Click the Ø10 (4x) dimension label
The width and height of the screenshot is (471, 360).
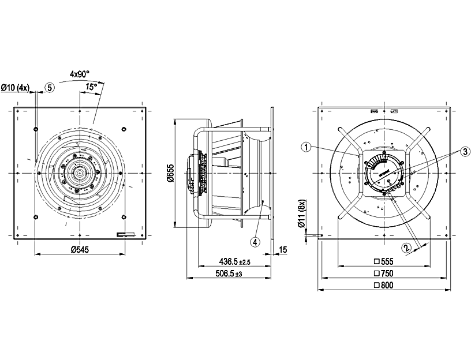(x=15, y=88)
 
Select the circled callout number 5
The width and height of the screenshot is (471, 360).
(x=50, y=88)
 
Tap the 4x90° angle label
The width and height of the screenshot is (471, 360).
(x=80, y=74)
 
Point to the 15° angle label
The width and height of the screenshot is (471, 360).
(x=90, y=87)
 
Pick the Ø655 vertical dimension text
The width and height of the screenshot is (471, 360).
(x=170, y=173)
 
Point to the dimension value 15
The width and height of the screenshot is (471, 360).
(x=282, y=250)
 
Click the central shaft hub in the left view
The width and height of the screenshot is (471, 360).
(x=78, y=172)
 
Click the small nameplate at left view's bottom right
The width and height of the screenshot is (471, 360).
(x=125, y=234)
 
